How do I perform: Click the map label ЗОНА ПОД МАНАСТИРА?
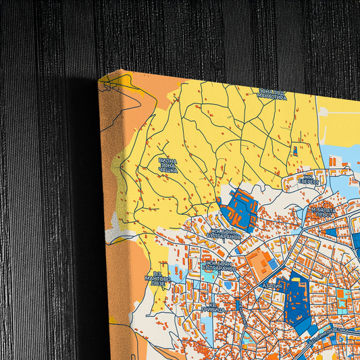click(272, 94)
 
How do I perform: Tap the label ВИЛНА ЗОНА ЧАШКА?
click(168, 166)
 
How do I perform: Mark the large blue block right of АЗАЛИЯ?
click(296, 297)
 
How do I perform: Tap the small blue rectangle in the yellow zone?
click(294, 149)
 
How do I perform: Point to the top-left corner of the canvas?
click(100, 79)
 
